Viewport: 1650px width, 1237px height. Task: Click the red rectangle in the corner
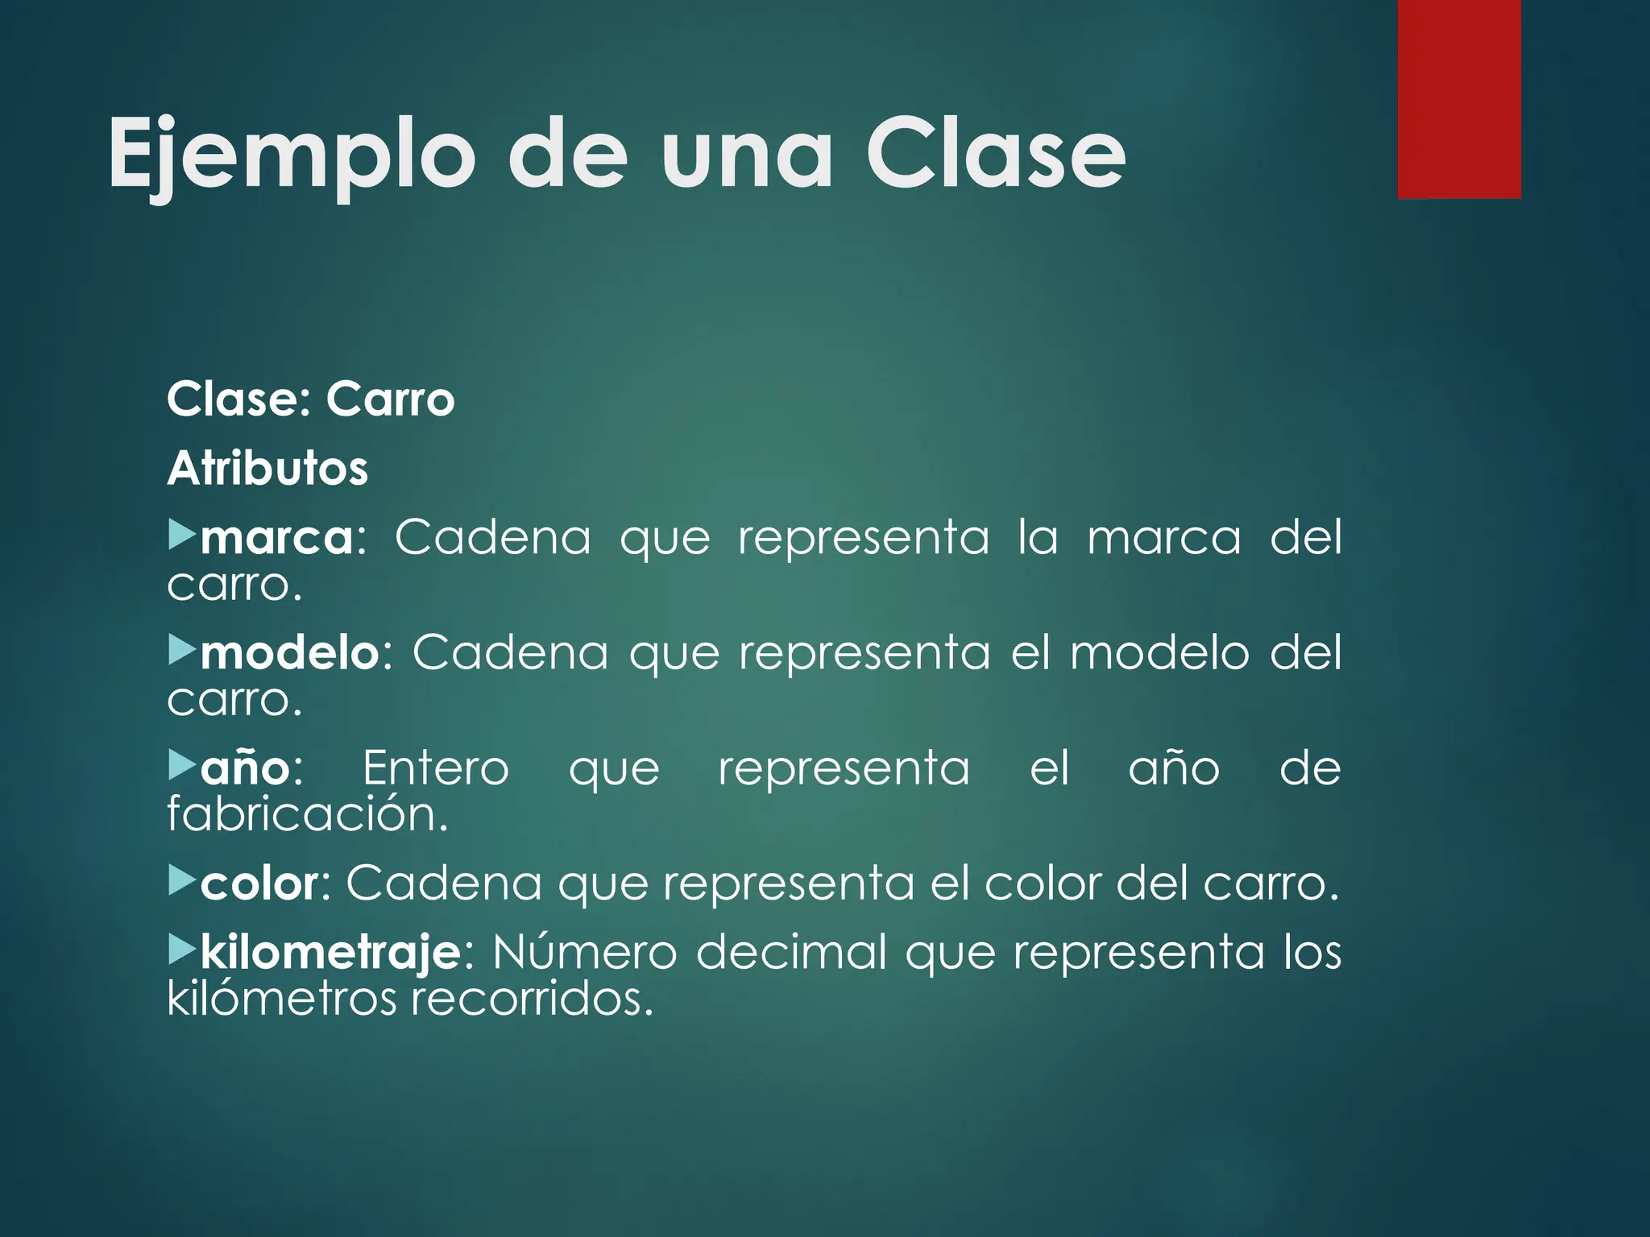click(1459, 98)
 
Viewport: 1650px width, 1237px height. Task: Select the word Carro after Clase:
click(391, 399)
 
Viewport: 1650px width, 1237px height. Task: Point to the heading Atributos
click(267, 468)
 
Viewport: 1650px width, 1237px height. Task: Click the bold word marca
click(276, 538)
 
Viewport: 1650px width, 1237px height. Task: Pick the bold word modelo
click(290, 652)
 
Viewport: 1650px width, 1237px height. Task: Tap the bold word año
click(246, 768)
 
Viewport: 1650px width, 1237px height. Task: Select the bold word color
click(259, 883)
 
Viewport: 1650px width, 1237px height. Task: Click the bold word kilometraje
click(330, 953)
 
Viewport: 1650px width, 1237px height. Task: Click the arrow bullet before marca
click(181, 535)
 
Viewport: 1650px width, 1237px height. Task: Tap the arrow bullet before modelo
click(181, 649)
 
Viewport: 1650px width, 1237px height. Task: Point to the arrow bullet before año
click(181, 765)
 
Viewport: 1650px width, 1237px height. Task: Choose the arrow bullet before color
click(181, 881)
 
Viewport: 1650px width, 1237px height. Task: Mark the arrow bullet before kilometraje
click(181, 950)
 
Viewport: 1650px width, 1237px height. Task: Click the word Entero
click(436, 768)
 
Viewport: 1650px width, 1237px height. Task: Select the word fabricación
click(307, 814)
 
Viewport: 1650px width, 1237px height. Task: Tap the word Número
click(584, 953)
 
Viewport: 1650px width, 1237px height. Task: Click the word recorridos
click(532, 999)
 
